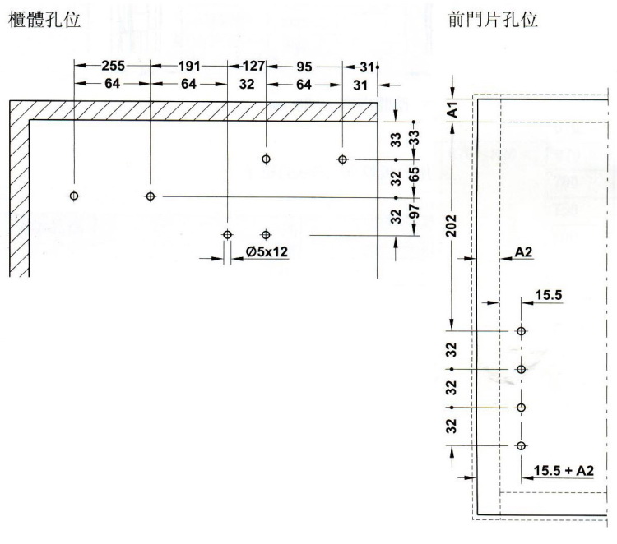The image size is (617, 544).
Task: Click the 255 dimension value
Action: click(x=114, y=65)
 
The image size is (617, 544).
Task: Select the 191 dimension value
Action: click(x=189, y=66)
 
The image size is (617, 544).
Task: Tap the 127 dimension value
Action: click(x=253, y=66)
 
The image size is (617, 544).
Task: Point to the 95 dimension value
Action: click(x=304, y=67)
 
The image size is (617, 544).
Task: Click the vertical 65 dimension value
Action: click(x=414, y=174)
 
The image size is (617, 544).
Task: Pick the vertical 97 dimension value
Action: click(x=414, y=212)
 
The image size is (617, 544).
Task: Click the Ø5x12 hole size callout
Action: click(x=267, y=251)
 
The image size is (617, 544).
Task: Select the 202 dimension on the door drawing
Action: click(x=452, y=226)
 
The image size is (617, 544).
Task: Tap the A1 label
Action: click(x=453, y=109)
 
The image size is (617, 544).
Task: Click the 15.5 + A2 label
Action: click(x=563, y=471)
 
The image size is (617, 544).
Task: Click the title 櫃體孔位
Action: click(x=44, y=20)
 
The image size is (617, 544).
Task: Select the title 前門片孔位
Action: click(x=493, y=19)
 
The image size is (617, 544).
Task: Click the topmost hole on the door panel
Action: click(x=521, y=331)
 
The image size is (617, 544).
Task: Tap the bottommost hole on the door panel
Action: click(x=521, y=445)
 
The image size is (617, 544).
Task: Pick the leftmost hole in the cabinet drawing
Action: click(x=74, y=196)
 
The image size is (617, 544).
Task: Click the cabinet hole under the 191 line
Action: click(x=151, y=196)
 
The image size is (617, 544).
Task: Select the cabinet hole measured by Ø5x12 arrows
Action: click(x=227, y=235)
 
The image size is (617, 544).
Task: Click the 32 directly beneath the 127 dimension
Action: click(x=247, y=84)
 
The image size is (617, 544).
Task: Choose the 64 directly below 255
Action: click(x=113, y=84)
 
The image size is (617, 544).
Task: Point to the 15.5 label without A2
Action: click(x=549, y=295)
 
